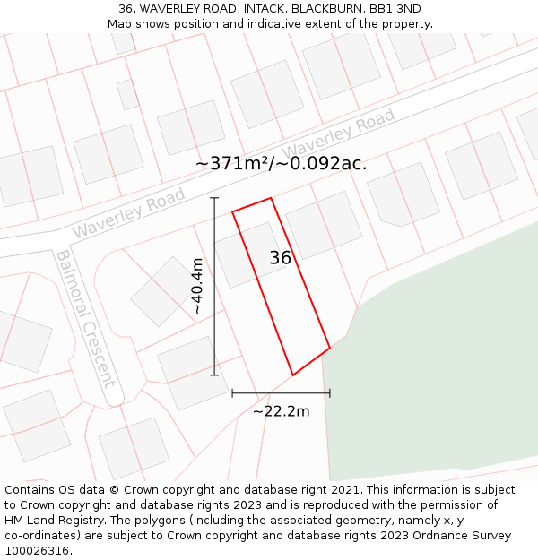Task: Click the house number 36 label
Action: [280, 258]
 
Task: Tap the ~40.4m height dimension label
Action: [197, 286]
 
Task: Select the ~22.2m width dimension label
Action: [281, 411]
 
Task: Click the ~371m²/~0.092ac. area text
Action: [281, 164]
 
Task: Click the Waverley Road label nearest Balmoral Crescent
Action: [128, 213]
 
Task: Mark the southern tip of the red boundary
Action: [293, 375]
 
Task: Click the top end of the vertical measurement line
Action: [214, 198]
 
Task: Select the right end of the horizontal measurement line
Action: [330, 392]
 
